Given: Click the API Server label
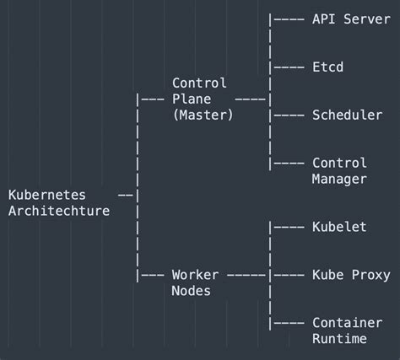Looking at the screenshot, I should [x=351, y=19].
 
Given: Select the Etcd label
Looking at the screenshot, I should [x=328, y=67].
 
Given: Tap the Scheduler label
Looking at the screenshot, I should [x=347, y=115].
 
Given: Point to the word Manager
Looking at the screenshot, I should [x=339, y=179].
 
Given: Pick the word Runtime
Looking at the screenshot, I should [x=339, y=339].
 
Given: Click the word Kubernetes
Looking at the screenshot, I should [x=47, y=195].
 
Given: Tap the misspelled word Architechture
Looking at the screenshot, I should [x=59, y=211].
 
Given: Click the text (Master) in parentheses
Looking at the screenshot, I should [x=203, y=115].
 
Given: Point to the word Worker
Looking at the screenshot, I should [x=195, y=275].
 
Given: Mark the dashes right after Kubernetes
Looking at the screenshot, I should [x=126, y=195].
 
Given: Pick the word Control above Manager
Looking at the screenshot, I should [x=339, y=163].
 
